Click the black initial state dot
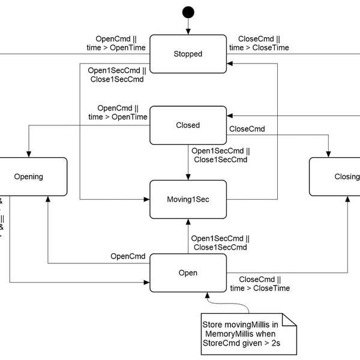coord(188,11)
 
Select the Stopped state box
coord(188,53)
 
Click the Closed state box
coord(188,125)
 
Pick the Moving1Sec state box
coord(188,198)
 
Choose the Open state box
coord(188,272)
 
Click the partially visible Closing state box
coord(336,176)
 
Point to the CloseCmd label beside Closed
coord(248,128)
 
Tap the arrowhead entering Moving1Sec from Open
coord(188,220)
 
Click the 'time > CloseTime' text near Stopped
coord(260,48)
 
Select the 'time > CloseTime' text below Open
coord(260,289)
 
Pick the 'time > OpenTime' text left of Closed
coord(118,117)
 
